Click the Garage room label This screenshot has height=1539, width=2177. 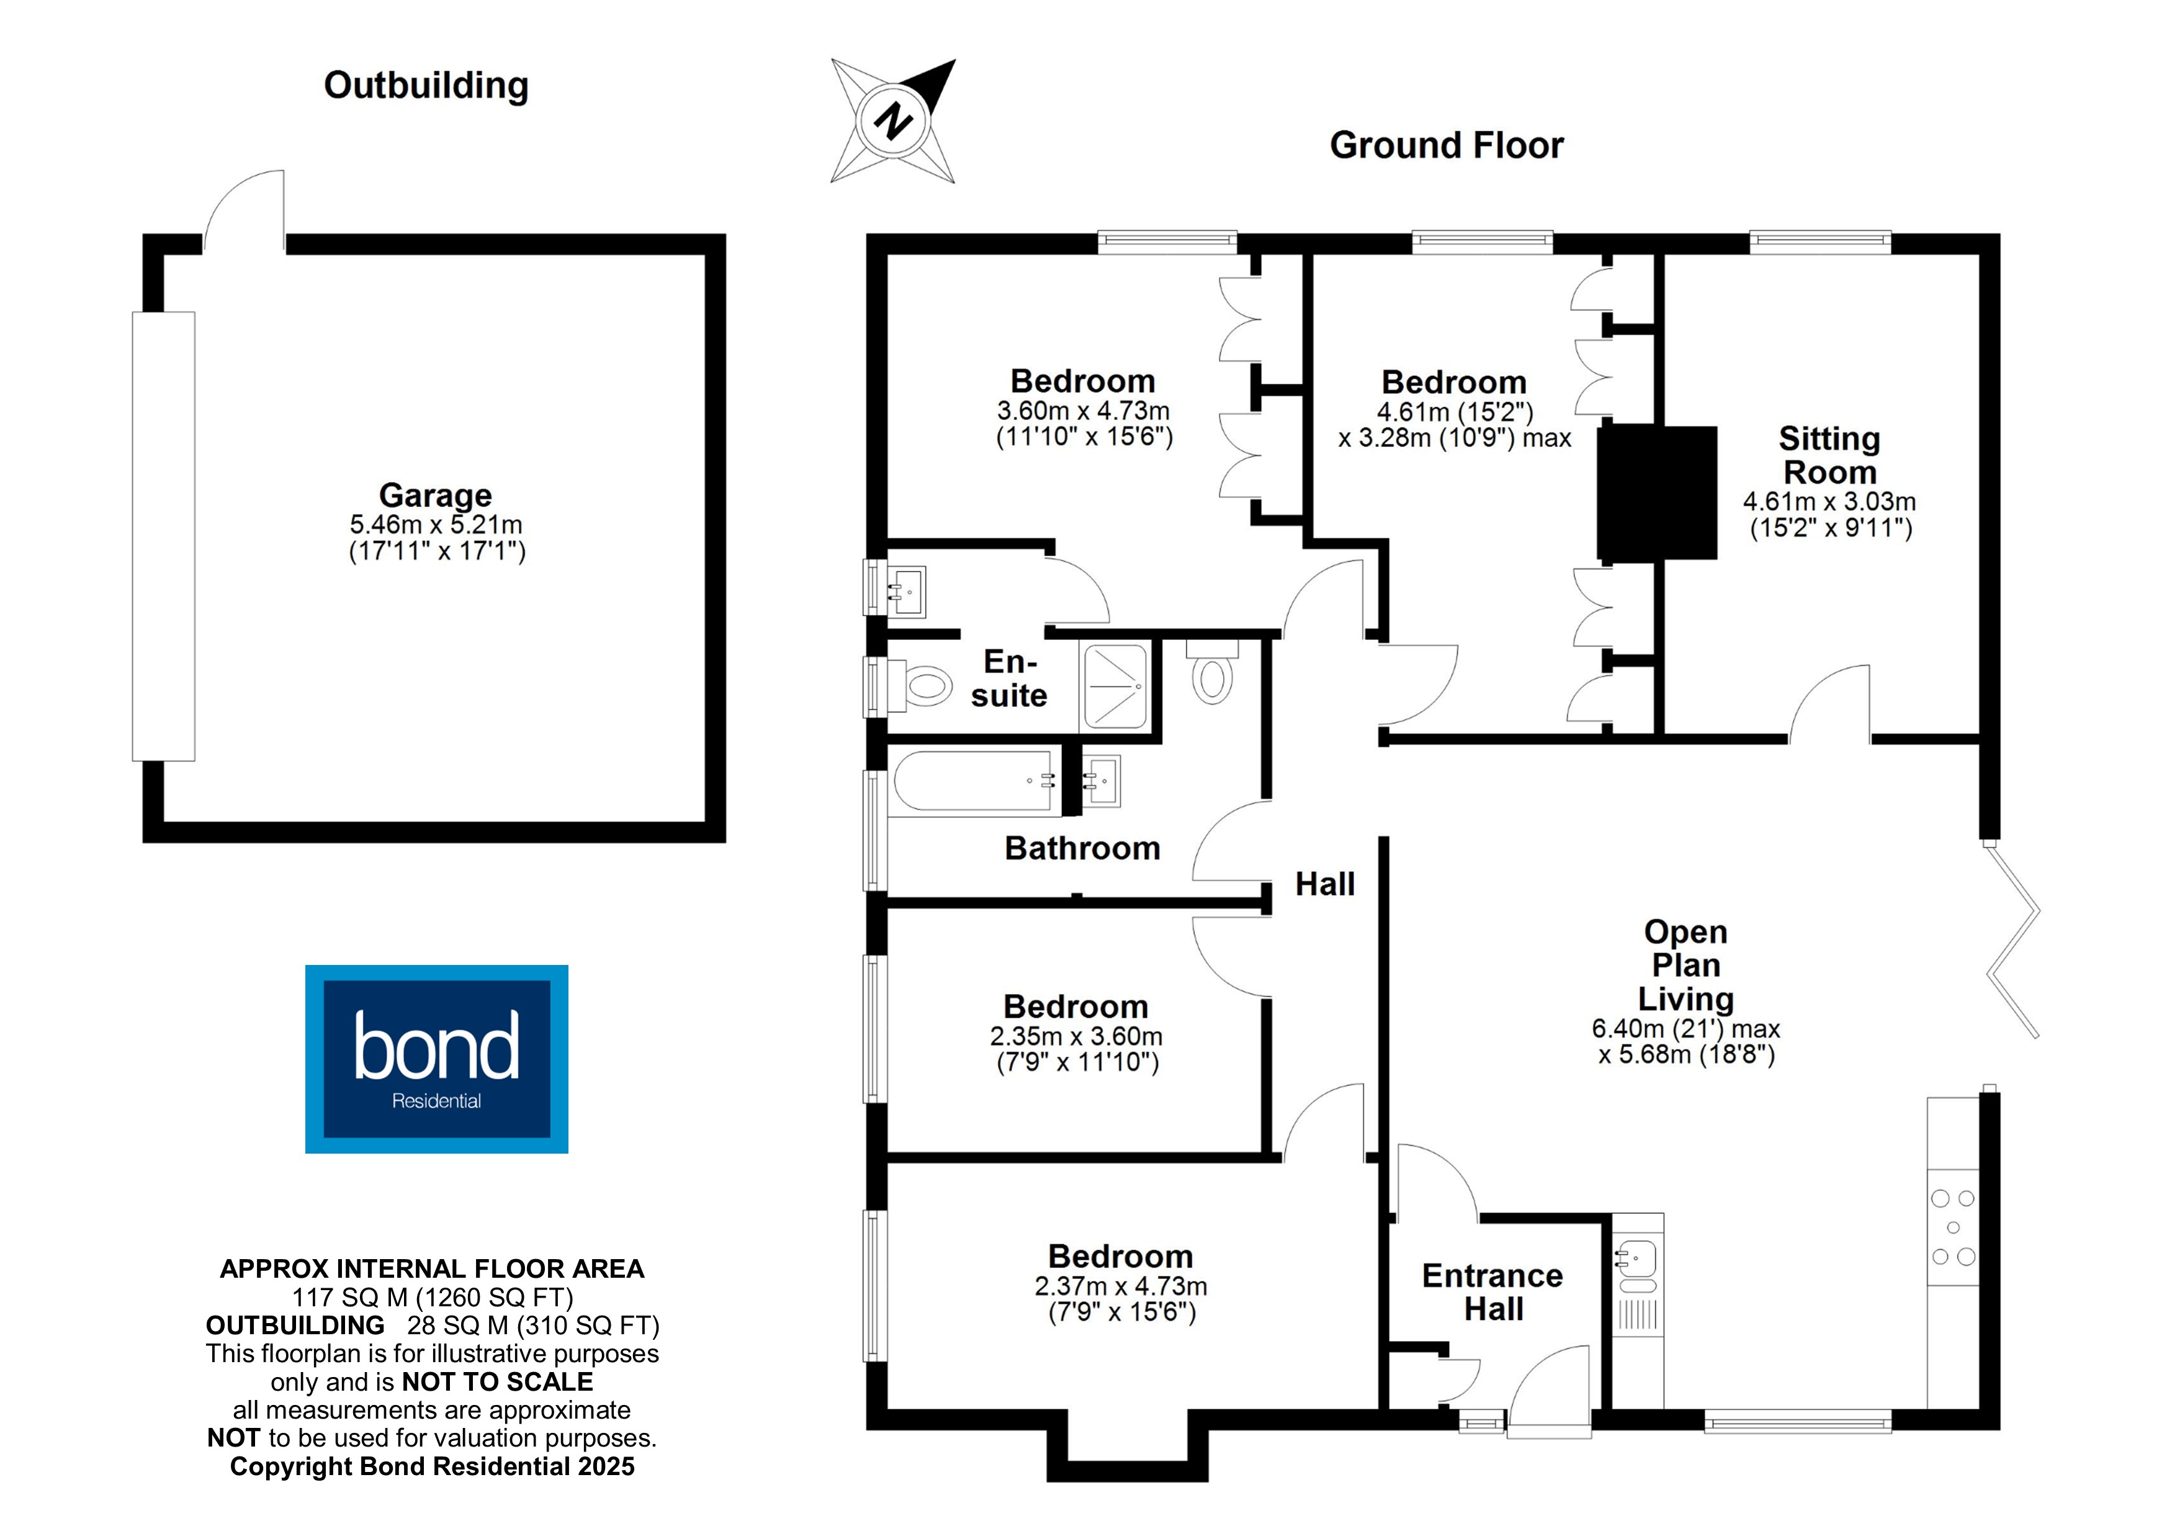[x=435, y=495]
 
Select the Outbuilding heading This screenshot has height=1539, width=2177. [x=426, y=86]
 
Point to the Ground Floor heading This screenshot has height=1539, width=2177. [x=1446, y=145]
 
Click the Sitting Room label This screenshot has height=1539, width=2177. [x=1829, y=455]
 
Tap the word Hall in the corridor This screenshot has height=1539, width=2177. [x=1324, y=884]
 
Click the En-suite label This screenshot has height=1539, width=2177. [x=1009, y=678]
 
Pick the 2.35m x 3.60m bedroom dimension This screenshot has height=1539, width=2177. [x=1076, y=1036]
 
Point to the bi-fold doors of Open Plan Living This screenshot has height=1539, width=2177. [x=2012, y=939]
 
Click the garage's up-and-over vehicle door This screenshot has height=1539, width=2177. [x=163, y=536]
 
